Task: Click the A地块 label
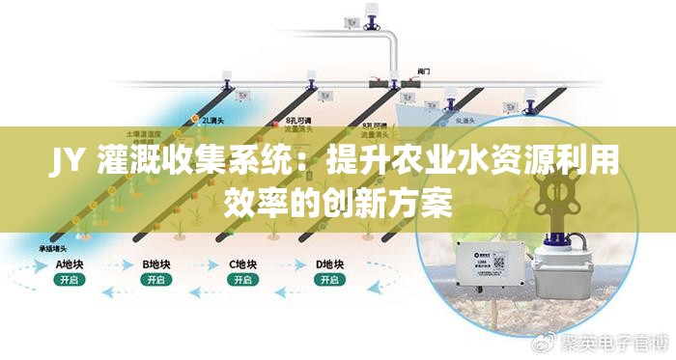(70, 263)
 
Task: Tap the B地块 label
(156, 263)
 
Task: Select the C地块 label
(242, 263)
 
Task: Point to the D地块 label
(330, 263)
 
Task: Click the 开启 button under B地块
(155, 280)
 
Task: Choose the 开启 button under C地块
(242, 280)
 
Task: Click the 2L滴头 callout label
(213, 120)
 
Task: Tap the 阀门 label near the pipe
(423, 69)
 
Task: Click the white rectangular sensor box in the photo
(493, 268)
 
